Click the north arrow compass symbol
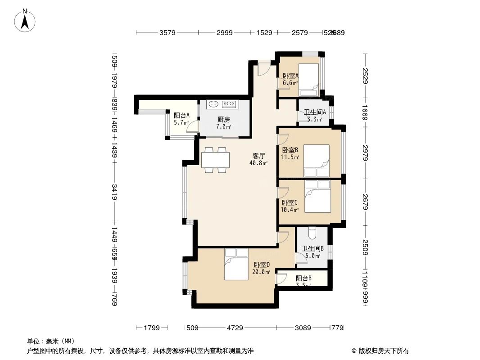coord(25,20)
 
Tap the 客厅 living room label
coord(258,156)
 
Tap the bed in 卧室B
coord(316,160)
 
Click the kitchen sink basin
coord(214,104)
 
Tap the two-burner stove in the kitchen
coord(229,104)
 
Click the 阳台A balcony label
coord(181,116)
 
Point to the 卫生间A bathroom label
coord(315,112)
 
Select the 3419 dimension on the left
coord(114,192)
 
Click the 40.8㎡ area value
coord(258,163)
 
